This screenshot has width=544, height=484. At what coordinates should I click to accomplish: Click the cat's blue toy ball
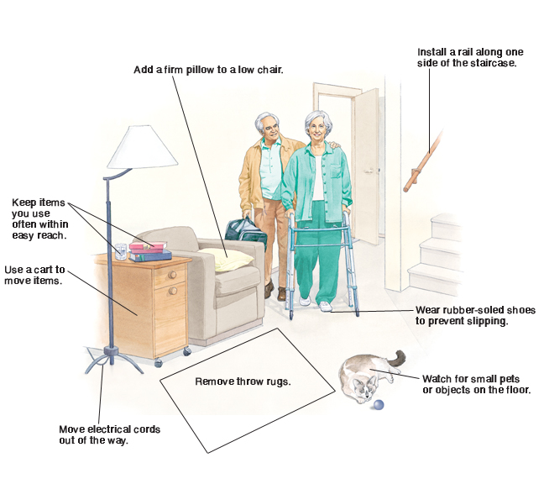(379, 406)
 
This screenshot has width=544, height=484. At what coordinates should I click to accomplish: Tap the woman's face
(320, 129)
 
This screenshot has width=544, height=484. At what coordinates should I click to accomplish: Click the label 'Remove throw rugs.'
(243, 381)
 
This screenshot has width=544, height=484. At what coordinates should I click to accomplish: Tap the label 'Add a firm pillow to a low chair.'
(208, 70)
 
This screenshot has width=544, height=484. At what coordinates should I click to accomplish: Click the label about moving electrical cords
(109, 434)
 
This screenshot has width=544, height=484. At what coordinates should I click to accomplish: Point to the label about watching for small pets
(476, 384)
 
